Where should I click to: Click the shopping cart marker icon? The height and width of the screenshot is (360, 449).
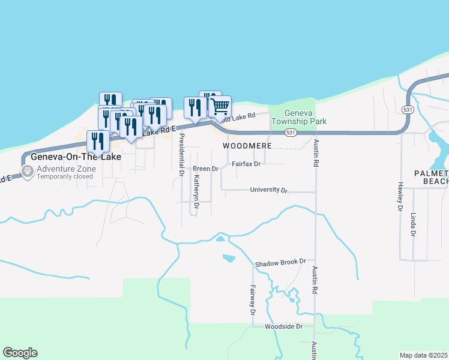click(x=220, y=107)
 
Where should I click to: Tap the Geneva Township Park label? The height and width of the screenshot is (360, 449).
click(x=298, y=117)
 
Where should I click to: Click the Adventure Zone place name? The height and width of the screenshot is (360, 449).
click(x=65, y=168)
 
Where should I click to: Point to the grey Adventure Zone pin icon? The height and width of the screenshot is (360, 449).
click(x=27, y=172)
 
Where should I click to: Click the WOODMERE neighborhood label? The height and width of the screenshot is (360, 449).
click(x=247, y=146)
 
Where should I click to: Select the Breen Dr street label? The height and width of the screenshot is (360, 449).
click(x=205, y=169)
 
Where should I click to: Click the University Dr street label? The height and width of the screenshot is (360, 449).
click(x=268, y=190)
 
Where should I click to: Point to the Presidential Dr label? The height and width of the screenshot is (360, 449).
click(x=181, y=154)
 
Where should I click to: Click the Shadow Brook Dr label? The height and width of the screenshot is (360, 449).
click(x=280, y=263)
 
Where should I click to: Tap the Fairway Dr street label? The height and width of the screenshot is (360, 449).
click(x=253, y=300)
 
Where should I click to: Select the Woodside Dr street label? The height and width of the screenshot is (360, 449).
click(x=288, y=327)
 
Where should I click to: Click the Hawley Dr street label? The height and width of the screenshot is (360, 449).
click(x=399, y=196)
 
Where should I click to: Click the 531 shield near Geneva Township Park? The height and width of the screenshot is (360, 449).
click(x=291, y=132)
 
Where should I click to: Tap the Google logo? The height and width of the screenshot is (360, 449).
click(x=20, y=353)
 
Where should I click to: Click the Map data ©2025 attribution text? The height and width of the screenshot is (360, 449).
click(x=424, y=355)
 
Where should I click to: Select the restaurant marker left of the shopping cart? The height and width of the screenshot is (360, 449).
click(x=195, y=108)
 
